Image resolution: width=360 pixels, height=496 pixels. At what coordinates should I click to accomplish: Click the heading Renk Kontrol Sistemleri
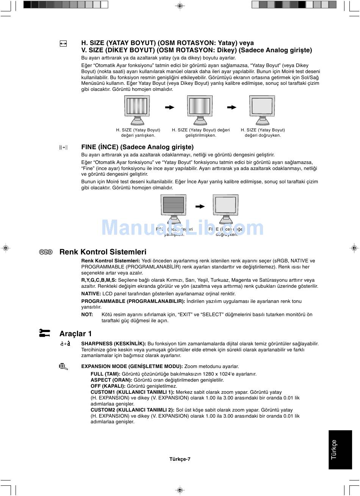[103, 252]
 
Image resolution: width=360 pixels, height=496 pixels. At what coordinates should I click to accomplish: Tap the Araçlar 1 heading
[75, 334]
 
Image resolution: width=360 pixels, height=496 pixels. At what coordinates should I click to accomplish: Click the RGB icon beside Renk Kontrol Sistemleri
[46, 252]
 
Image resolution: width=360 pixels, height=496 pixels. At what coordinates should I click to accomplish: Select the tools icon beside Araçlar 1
[45, 333]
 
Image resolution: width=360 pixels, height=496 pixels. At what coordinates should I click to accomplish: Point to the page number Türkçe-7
[180, 459]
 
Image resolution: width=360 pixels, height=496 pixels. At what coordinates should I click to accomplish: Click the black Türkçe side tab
[340, 449]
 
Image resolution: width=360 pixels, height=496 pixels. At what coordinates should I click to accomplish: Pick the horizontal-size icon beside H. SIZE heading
[63, 44]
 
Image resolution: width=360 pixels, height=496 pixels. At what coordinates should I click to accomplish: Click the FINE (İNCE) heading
[137, 147]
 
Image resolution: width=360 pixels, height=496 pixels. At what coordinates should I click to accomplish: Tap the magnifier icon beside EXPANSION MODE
[63, 366]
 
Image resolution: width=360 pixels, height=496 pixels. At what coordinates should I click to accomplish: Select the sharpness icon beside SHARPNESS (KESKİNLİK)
[65, 344]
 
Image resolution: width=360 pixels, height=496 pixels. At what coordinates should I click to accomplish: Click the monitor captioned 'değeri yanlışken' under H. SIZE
[137, 110]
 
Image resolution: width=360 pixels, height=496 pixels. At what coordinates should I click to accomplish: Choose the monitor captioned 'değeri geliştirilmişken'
[200, 110]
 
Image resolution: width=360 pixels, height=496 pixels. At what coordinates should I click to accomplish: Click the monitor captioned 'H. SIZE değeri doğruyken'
[262, 110]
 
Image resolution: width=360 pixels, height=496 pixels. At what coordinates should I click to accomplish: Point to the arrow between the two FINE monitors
[200, 207]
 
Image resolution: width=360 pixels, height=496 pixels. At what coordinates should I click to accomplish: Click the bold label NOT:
[87, 315]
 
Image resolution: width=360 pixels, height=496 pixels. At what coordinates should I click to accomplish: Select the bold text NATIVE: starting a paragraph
[91, 294]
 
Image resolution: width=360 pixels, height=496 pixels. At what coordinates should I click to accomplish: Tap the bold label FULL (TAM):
[105, 374]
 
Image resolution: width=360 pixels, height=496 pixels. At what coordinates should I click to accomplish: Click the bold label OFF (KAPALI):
[108, 386]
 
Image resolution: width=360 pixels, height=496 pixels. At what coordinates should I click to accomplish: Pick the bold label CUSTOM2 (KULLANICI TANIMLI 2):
[132, 410]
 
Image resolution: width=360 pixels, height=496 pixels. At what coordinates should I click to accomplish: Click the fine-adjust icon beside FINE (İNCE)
[63, 147]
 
